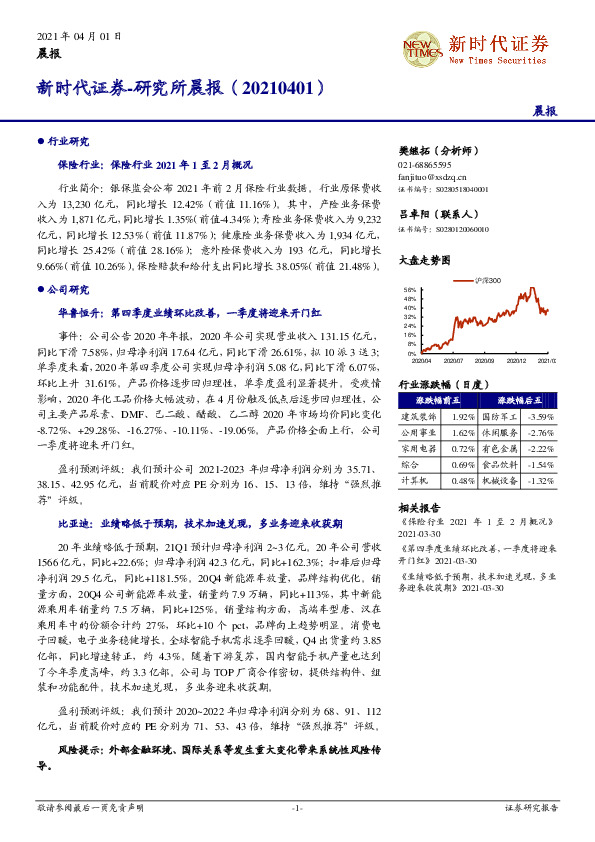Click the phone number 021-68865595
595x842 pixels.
click(x=425, y=164)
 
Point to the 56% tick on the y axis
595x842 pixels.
click(x=409, y=289)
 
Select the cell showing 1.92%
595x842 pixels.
click(x=462, y=416)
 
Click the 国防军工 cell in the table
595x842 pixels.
click(x=499, y=416)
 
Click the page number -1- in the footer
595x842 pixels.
click(x=297, y=806)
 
